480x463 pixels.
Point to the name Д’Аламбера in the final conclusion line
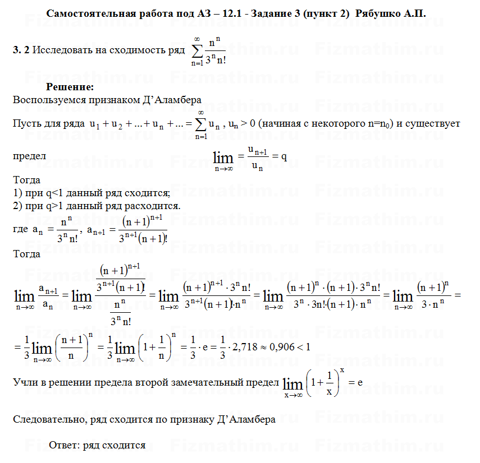point(246,419)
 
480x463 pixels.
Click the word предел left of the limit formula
point(29,156)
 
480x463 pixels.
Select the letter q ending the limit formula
point(284,156)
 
